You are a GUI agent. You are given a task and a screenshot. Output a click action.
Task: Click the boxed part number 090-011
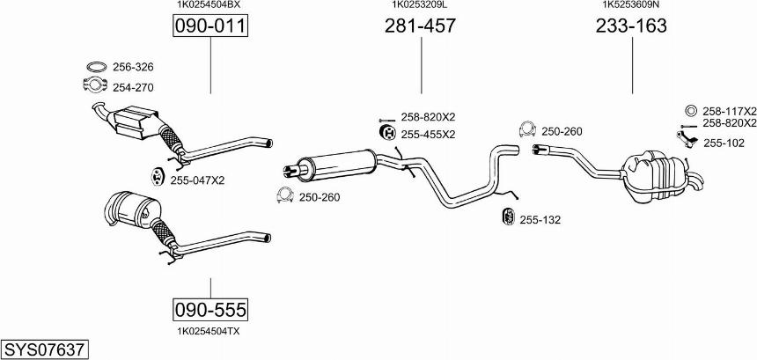[x=209, y=26]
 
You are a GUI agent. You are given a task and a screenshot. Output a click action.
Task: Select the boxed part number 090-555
[x=209, y=310]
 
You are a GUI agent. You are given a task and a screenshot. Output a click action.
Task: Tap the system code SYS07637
[x=44, y=349]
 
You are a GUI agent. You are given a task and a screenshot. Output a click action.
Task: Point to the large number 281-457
[x=420, y=26]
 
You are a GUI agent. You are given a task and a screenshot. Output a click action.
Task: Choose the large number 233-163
[x=631, y=26]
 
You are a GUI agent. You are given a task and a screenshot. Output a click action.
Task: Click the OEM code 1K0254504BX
[x=209, y=4]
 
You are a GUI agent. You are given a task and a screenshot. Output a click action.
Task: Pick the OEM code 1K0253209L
[x=420, y=4]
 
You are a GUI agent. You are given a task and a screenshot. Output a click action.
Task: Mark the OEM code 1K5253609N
[x=631, y=4]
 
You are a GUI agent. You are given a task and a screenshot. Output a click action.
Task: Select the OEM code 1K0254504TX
[x=209, y=330]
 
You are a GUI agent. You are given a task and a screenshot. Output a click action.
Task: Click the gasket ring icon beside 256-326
[x=95, y=67]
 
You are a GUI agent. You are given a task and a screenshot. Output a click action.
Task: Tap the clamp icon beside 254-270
[x=94, y=86]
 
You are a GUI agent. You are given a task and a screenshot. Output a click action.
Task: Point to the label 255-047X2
[x=197, y=180]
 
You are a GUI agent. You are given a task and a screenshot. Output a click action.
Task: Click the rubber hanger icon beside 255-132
[x=507, y=218]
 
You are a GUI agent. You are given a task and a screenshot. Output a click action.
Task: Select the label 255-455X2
[x=428, y=135]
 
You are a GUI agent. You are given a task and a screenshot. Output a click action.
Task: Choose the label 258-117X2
[x=729, y=112]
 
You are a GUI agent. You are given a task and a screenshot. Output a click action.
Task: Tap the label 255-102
[x=723, y=143]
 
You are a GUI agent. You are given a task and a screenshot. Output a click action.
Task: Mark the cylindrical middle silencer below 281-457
[x=339, y=164]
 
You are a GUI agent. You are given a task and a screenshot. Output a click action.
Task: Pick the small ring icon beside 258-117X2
[x=690, y=112]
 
